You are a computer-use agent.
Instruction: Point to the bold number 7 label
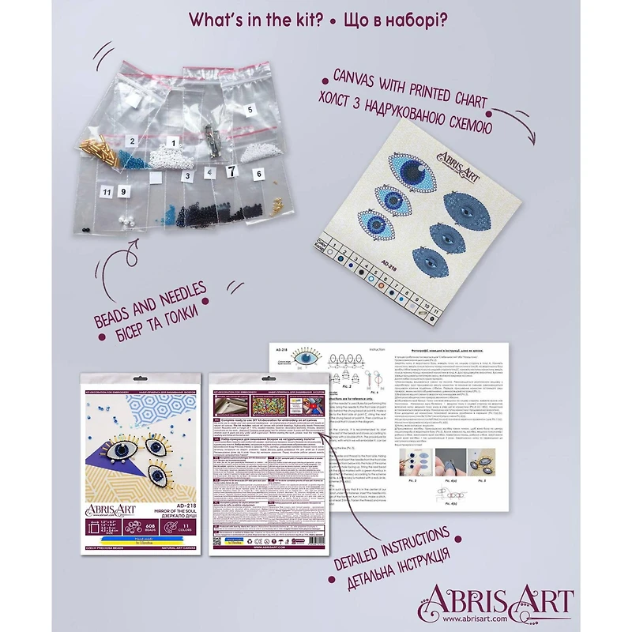(231, 170)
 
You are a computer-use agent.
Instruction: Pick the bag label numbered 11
(105, 191)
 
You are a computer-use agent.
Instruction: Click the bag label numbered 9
(123, 191)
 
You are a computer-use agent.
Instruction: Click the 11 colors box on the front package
(186, 525)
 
